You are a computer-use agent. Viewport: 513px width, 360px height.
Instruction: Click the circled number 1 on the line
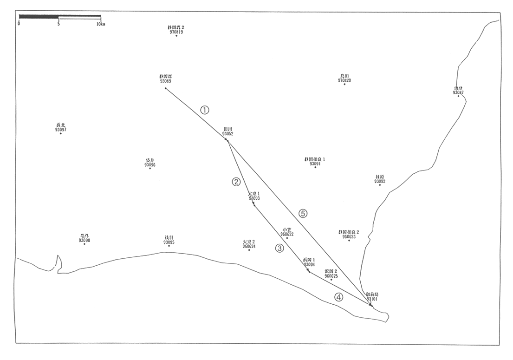pos(205,110)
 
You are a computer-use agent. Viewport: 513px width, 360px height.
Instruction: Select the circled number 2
pos(236,182)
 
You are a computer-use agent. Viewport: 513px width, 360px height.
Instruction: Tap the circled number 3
pos(279,248)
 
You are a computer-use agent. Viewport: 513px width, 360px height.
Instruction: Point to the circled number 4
pos(339,297)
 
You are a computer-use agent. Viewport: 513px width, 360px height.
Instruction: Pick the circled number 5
pos(303,213)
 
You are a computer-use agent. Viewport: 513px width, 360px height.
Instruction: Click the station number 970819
pos(176,32)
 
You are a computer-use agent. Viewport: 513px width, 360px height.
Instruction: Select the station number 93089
pos(165,81)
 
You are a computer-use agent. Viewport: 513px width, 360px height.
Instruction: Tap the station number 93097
pos(60,130)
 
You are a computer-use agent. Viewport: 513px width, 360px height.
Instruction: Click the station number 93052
pos(227,134)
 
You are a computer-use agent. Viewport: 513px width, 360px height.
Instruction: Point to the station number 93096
pos(149,165)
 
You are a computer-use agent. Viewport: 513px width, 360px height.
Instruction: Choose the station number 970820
pos(344,80)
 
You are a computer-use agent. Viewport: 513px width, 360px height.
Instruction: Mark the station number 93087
pos(458,92)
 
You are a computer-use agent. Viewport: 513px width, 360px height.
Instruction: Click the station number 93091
pos(315,164)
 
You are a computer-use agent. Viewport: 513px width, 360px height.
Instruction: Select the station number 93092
pos(380,182)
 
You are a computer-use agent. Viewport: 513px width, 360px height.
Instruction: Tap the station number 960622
pos(287,234)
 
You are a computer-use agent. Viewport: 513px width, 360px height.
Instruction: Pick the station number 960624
pos(249,247)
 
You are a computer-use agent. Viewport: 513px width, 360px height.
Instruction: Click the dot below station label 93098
pos(84,244)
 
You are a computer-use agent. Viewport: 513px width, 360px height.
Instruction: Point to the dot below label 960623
pos(349,241)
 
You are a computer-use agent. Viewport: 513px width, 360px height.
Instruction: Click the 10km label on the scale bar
pos(100,24)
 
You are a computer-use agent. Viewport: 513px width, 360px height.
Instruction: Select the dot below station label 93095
pos(169,246)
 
